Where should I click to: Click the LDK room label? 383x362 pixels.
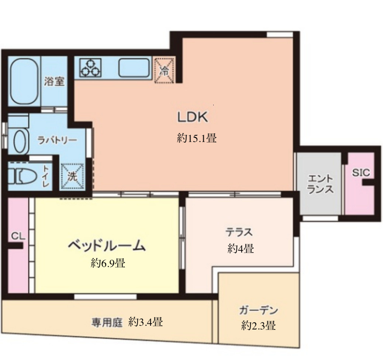tap(193, 117)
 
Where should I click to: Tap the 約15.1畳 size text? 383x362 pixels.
tap(197, 138)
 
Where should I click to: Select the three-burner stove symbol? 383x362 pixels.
tap(90, 68)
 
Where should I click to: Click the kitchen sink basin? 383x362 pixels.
tap(134, 68)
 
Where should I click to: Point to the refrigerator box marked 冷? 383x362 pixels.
tap(164, 70)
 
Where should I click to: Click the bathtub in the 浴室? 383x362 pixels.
tap(24, 81)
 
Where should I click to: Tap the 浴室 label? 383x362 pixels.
tap(54, 81)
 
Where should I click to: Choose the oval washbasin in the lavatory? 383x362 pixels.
tap(20, 142)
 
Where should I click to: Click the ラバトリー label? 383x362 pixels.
tap(57, 140)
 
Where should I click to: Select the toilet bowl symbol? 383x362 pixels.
tap(23, 176)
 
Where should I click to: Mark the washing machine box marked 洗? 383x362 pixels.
tap(72, 176)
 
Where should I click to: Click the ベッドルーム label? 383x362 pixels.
tap(107, 245)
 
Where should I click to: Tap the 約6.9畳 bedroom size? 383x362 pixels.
tap(108, 263)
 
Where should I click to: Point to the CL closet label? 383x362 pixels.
tap(18, 236)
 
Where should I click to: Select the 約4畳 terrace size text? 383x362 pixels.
tap(241, 249)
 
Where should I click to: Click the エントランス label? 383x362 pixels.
tap(320, 184)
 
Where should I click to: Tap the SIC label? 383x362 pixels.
tap(361, 173)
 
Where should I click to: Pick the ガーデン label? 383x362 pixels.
tap(258, 310)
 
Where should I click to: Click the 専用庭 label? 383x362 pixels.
tap(107, 322)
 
